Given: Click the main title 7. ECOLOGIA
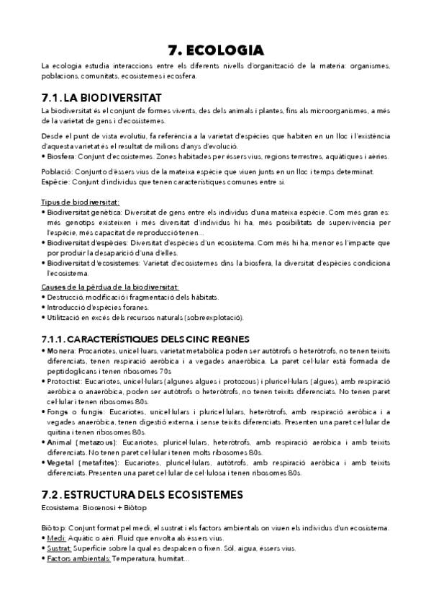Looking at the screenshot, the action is coord(215,50).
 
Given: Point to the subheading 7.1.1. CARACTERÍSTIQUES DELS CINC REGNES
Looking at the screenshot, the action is coord(145,338).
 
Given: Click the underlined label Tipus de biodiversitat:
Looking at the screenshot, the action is coord(81,202).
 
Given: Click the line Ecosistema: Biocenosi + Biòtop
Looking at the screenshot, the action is coord(90,508).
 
